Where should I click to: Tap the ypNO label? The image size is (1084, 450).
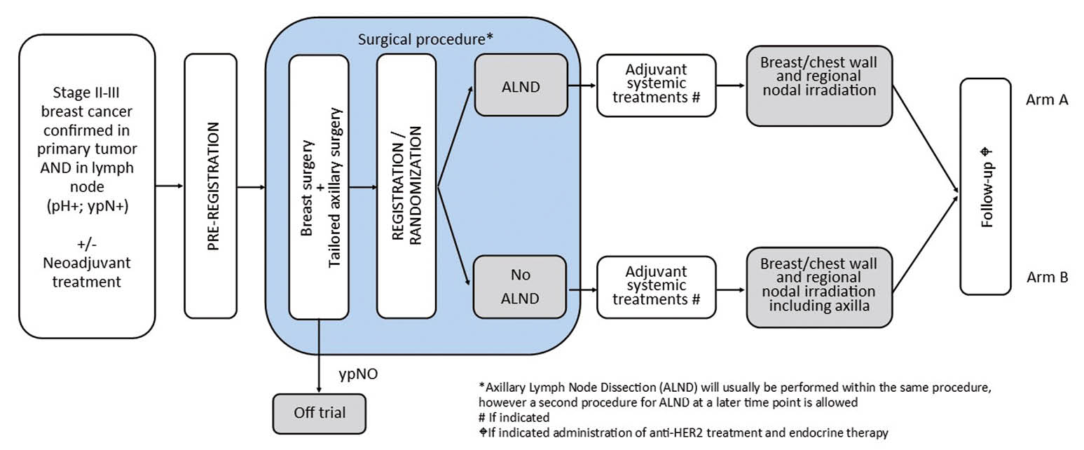tap(358, 374)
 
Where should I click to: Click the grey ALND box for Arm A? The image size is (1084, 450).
tap(521, 85)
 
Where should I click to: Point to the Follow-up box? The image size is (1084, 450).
tap(985, 186)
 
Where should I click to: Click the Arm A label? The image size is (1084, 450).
tap(1047, 100)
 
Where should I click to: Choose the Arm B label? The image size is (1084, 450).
tap(1047, 278)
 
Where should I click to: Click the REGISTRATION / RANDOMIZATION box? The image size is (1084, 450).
tap(406, 186)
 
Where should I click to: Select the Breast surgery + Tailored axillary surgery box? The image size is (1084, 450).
tap(319, 186)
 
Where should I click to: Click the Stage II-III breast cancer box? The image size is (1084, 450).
tap(87, 186)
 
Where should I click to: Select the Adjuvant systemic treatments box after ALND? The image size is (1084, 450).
tap(657, 86)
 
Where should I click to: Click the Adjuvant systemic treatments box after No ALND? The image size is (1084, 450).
tap(657, 287)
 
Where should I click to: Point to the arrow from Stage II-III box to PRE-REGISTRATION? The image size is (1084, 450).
tap(169, 186)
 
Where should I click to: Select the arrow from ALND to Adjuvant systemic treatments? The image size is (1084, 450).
tap(581, 86)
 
